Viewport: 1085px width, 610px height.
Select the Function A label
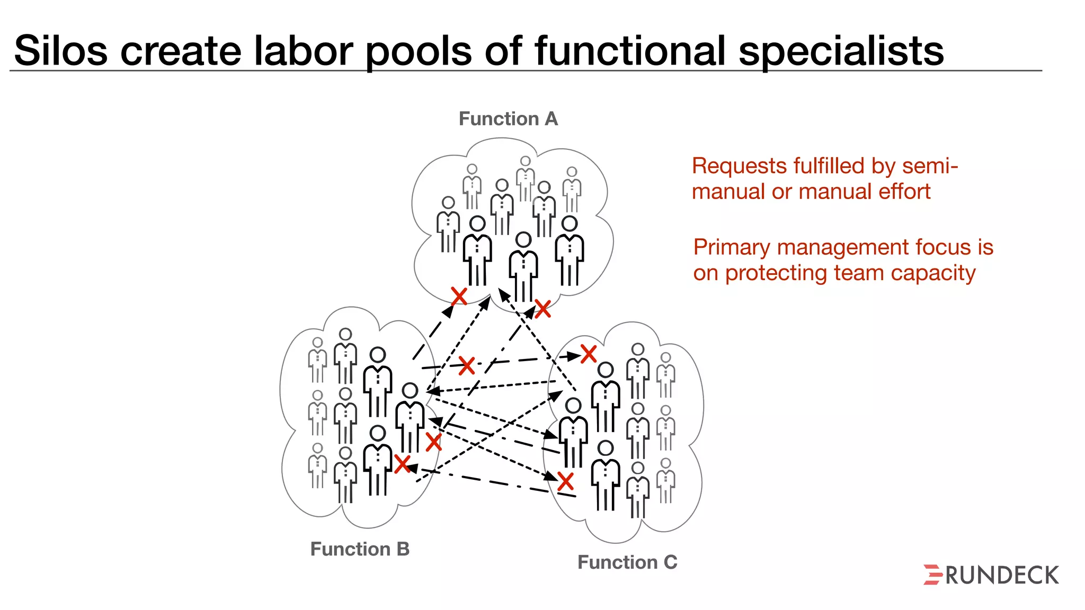(x=508, y=119)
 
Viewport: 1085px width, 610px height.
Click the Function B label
(x=360, y=549)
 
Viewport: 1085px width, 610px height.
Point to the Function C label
(x=627, y=562)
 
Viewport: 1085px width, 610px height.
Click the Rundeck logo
(x=991, y=575)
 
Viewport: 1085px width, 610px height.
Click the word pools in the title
(x=419, y=51)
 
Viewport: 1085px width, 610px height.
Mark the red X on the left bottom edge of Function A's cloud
(x=459, y=296)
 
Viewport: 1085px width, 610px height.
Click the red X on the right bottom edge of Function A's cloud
(x=542, y=309)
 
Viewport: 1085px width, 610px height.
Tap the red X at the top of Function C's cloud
(x=589, y=354)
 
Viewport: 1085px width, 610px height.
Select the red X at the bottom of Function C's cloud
(x=566, y=481)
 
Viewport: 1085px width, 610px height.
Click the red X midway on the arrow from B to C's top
(x=467, y=365)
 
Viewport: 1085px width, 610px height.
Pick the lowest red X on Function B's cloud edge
(x=403, y=464)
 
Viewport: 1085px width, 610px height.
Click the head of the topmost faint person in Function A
(x=525, y=161)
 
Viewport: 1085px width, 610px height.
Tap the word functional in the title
(x=630, y=51)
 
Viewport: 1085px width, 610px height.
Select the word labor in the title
(x=303, y=51)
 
